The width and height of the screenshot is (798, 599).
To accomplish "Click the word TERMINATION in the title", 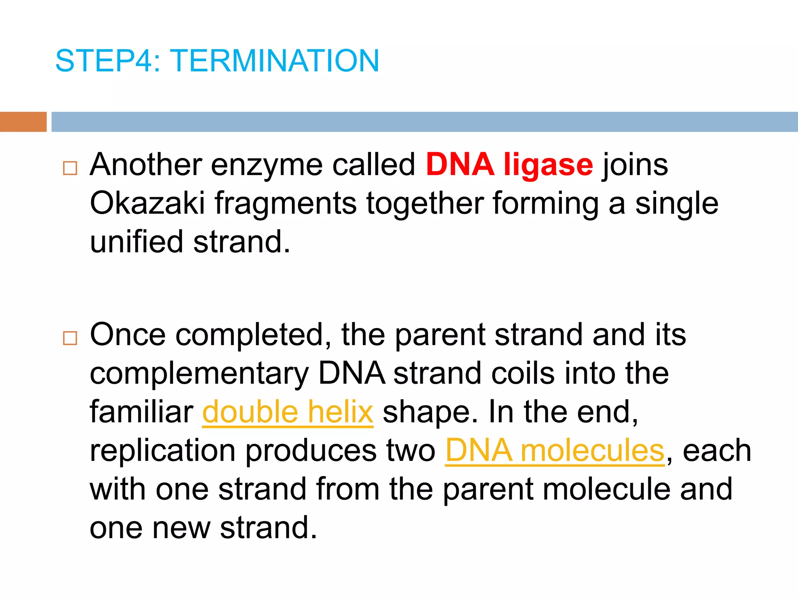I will pos(274,61).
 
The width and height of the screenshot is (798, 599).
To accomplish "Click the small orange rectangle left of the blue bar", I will pos(23,122).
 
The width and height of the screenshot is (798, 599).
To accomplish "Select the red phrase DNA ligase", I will pos(509,165).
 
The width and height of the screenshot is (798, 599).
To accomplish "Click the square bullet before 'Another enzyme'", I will pos(70,168).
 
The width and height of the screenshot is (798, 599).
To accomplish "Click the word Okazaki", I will pos(147,203).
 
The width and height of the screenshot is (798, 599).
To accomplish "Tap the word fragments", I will pos(286,204).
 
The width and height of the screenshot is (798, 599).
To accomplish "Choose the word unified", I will pos(136,242).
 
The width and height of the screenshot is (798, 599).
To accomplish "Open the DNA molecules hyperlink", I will pos(554,450).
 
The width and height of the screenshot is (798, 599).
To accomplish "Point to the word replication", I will pos(162,450).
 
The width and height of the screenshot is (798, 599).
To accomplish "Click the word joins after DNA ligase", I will pos(635,165).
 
